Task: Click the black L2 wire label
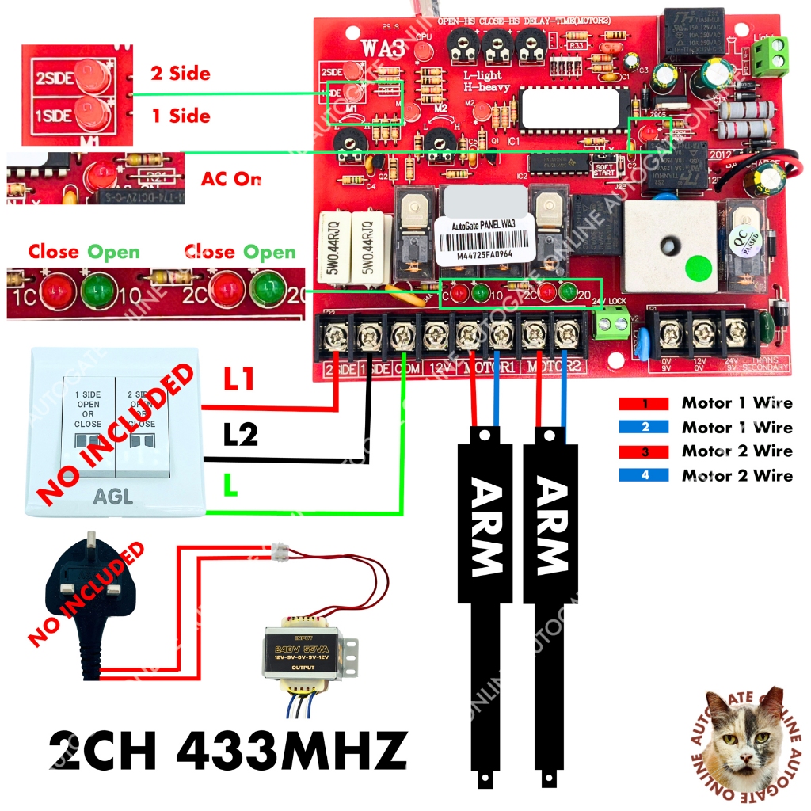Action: [x=240, y=434]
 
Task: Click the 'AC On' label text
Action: [x=230, y=179]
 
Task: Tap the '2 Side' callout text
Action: [x=181, y=74]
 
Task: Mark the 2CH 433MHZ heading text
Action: [x=228, y=749]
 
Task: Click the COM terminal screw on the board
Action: [x=402, y=335]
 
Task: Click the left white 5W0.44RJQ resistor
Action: [x=333, y=247]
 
